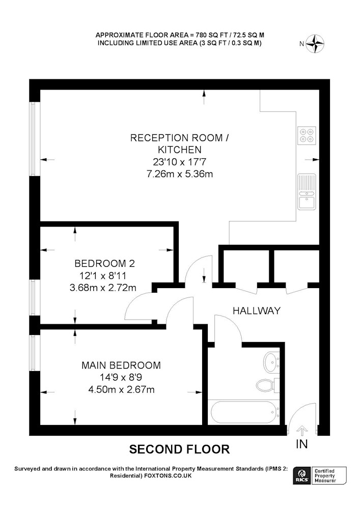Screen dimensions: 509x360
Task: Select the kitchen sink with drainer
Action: click(x=307, y=192)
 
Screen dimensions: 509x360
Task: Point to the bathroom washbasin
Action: click(x=270, y=362)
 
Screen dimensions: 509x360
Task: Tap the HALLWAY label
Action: click(x=257, y=310)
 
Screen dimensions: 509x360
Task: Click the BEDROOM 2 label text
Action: click(x=104, y=264)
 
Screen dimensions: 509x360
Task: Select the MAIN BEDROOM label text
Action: click(x=121, y=365)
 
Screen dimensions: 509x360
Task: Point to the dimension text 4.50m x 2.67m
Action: click(x=121, y=390)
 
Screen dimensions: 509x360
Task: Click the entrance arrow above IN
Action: click(x=301, y=431)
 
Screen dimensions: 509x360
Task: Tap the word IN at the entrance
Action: click(x=301, y=444)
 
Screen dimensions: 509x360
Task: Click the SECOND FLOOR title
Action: click(x=179, y=449)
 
